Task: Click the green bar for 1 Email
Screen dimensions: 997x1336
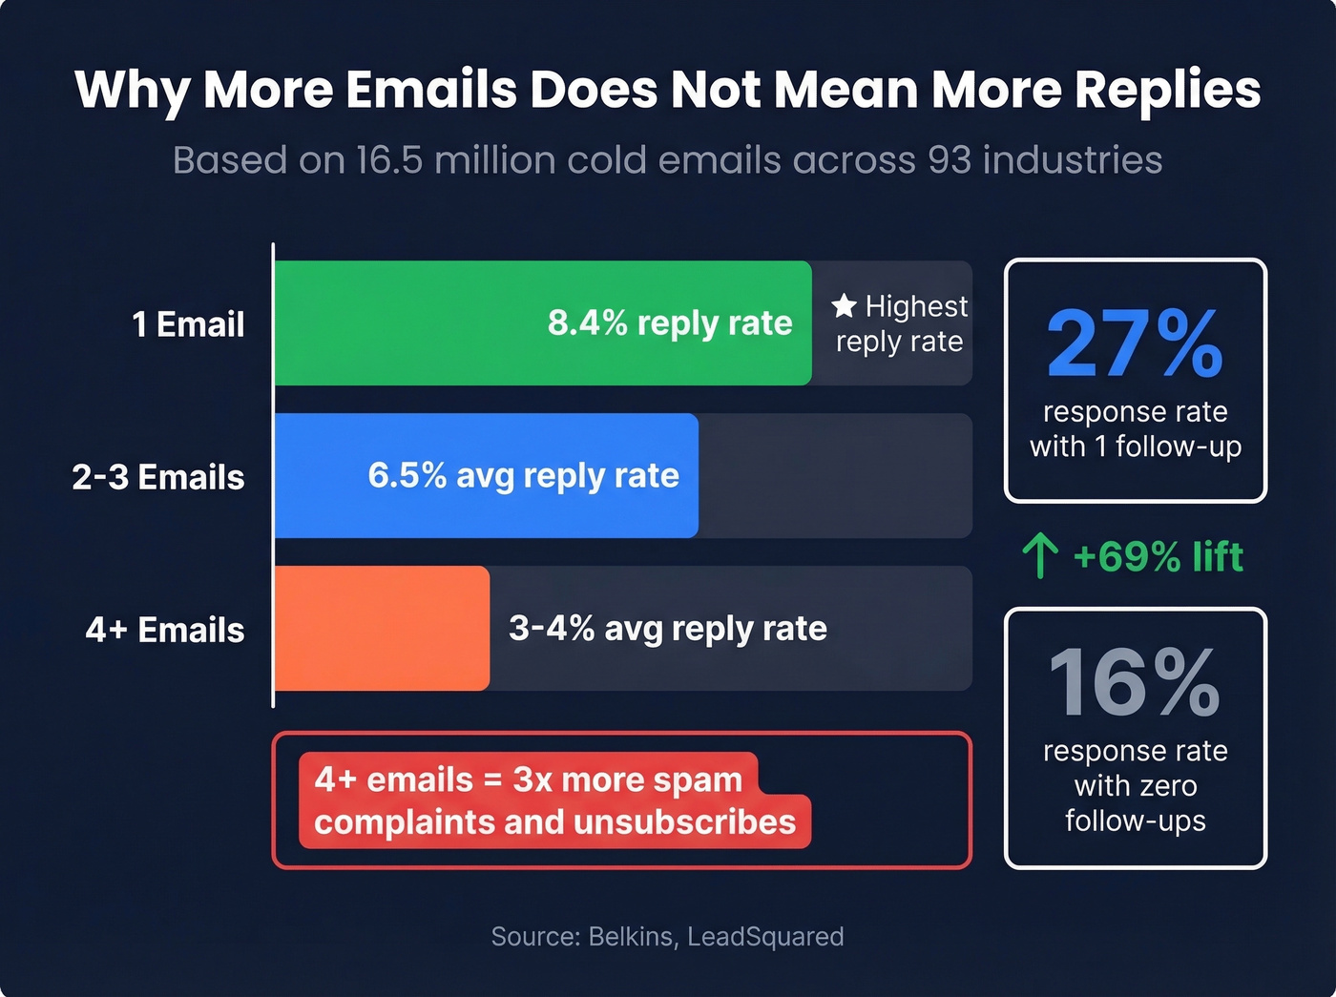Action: coord(410,323)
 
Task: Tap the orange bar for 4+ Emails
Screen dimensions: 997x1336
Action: coord(382,629)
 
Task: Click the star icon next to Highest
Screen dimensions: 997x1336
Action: coord(844,306)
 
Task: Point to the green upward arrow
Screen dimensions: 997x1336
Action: coord(1039,556)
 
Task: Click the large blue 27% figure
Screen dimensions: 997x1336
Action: coord(1135,343)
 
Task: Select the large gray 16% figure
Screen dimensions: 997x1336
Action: coord(1135,682)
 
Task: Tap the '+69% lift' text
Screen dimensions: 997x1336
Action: coord(1158,556)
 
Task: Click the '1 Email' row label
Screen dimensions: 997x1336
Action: coord(188,324)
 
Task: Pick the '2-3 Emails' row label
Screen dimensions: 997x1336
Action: coord(158,477)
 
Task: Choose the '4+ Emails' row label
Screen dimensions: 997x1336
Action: coord(165,630)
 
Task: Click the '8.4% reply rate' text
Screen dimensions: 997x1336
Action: coord(670,323)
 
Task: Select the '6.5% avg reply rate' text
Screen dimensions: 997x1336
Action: coord(524,475)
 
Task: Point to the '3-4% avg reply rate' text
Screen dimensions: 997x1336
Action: coord(668,629)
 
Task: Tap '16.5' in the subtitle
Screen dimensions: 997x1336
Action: coord(388,160)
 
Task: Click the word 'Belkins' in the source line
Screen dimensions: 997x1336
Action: coord(630,936)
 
